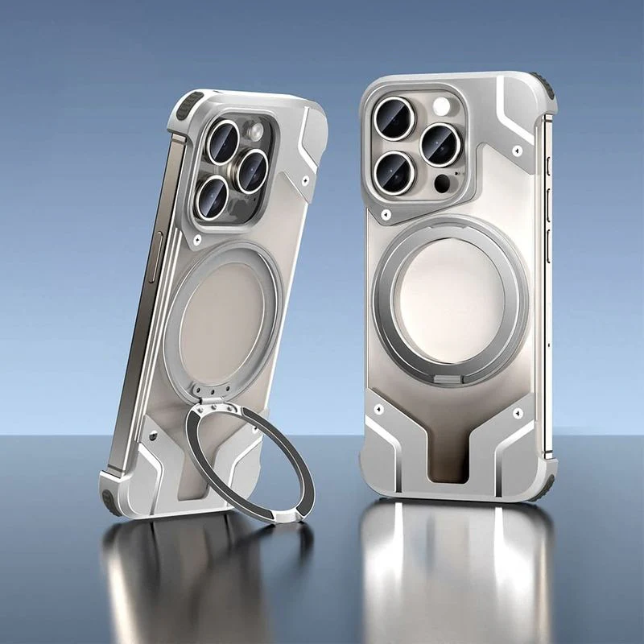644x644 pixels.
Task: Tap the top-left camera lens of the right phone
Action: coord(394,118)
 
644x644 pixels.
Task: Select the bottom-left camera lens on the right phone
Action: coord(393,172)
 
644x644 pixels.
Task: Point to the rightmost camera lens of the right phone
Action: coord(440,145)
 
